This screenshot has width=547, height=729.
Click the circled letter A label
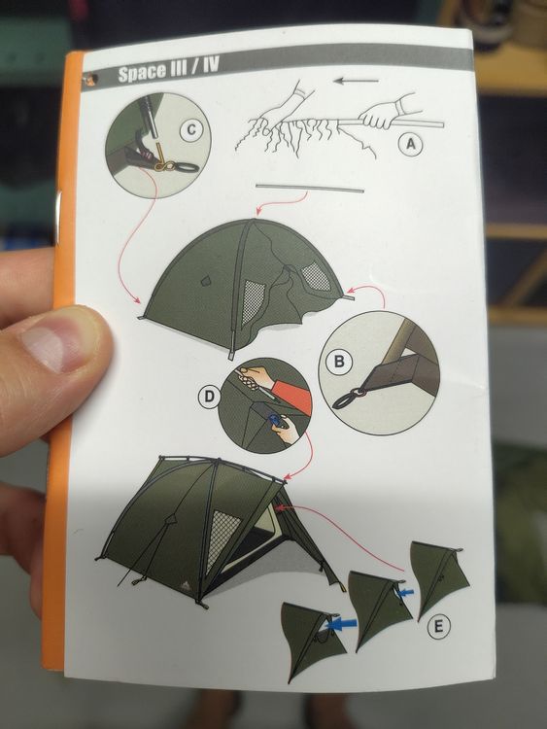(x=411, y=144)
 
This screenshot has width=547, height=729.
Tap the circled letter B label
(x=339, y=362)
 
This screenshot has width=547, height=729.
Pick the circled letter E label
(x=438, y=627)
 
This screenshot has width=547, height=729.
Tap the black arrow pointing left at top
(x=357, y=81)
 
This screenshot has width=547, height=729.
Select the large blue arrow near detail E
(x=342, y=624)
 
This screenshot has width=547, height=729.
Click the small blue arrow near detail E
(x=407, y=592)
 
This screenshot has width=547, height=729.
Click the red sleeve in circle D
(x=290, y=395)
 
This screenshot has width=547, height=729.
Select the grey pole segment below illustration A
(x=310, y=189)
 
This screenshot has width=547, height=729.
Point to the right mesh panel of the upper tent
(x=316, y=275)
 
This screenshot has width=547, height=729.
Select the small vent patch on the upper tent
(x=205, y=280)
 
